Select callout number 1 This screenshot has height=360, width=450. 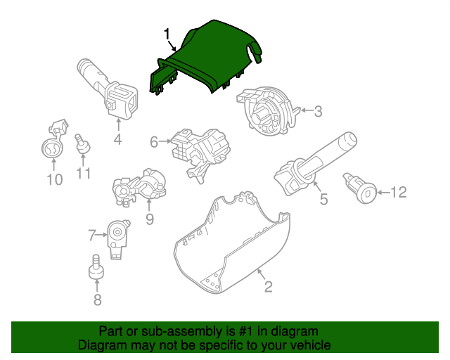(x=167, y=34)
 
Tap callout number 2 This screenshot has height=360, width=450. (x=268, y=286)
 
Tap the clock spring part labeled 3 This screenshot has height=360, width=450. (x=268, y=110)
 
